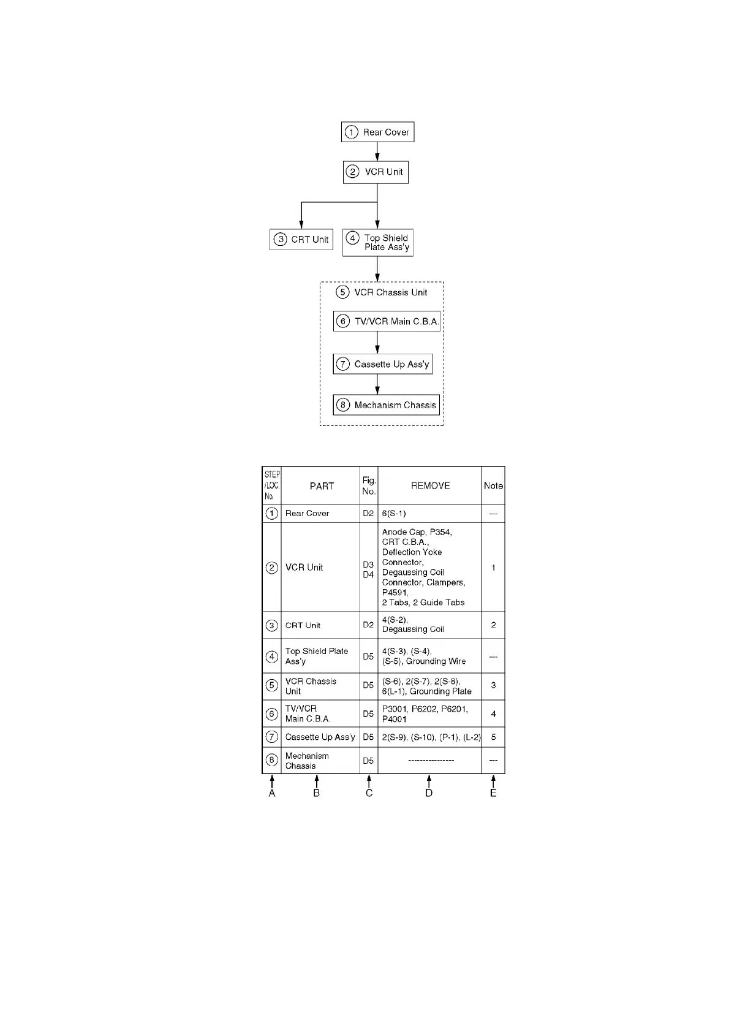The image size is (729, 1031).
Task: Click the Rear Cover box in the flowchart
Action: [x=377, y=132]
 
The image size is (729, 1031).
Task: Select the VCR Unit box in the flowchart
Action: [x=376, y=172]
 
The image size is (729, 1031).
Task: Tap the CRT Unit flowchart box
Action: [x=301, y=240]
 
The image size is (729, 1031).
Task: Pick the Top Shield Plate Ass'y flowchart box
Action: [x=377, y=243]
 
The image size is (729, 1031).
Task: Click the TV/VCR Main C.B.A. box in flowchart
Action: [x=387, y=321]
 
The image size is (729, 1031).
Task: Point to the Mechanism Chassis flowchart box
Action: [x=387, y=405]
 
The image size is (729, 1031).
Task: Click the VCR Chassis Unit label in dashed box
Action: [x=382, y=292]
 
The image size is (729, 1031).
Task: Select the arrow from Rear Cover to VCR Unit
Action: [x=377, y=152]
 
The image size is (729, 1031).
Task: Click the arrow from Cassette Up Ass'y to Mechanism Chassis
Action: [x=377, y=384]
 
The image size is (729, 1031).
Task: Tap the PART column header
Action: [x=322, y=486]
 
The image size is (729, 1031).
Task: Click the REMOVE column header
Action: [x=430, y=485]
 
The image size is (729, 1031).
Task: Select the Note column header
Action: [x=493, y=485]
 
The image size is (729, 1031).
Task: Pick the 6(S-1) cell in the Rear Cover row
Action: [x=394, y=514]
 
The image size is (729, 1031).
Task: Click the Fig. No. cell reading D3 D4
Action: [x=368, y=569]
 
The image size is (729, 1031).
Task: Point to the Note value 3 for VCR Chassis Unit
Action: [x=493, y=685]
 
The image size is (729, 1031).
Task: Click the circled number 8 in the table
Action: [x=272, y=761]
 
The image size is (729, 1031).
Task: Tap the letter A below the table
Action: [x=272, y=793]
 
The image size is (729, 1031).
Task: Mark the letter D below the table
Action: [x=429, y=793]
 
